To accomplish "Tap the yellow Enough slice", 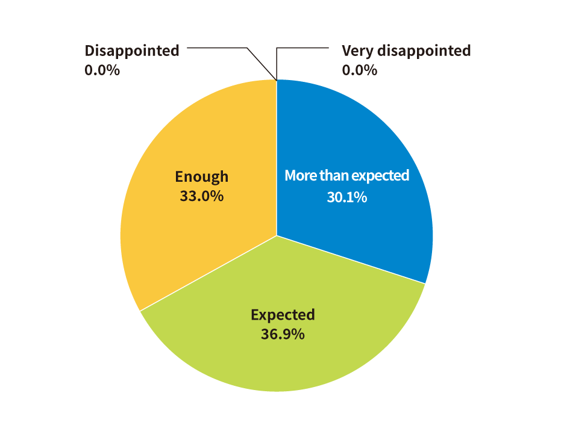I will pos(181,241).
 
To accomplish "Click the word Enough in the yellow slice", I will pos(202,176).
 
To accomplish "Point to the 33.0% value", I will pos(202,196).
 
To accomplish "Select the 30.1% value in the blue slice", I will pos(346,197).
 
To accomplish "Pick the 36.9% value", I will pos(283,335).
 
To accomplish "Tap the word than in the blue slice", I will pos(333,176).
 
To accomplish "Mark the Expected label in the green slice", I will pos(283,315).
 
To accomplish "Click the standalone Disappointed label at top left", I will pos(132,51).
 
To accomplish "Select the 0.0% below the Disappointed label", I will pos(102,70).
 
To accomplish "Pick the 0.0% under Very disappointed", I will pos(359,70).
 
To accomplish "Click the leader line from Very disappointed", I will pos(301,47).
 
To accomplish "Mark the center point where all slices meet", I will pos(277,236).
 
